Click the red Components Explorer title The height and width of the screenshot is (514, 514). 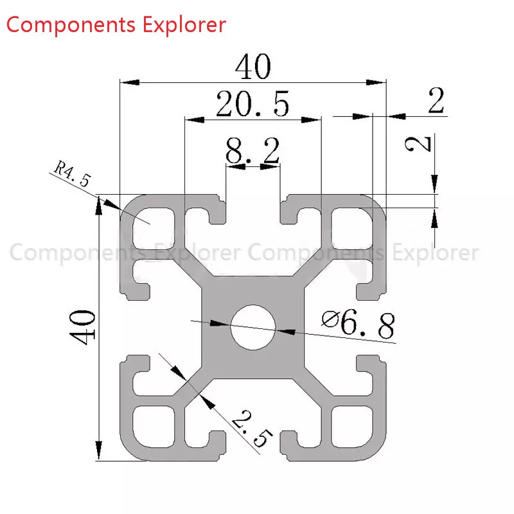[116, 25]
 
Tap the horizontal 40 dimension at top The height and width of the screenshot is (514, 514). [253, 67]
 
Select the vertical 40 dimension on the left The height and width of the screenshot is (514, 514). [82, 327]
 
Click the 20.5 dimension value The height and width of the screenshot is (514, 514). [253, 104]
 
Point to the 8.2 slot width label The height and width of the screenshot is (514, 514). [253, 150]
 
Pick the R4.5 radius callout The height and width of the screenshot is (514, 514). [72, 173]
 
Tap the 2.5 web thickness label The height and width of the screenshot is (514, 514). [252, 429]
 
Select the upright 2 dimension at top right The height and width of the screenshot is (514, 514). [436, 100]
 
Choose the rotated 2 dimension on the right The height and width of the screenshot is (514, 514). [418, 144]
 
